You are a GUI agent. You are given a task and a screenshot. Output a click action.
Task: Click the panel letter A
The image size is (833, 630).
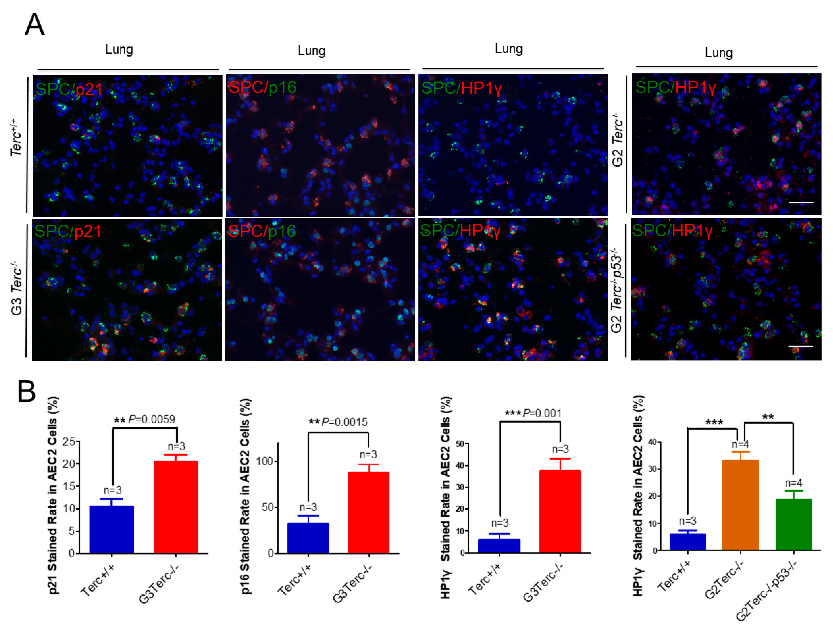35,25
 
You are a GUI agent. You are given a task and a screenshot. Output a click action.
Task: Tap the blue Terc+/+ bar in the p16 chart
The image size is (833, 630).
308,538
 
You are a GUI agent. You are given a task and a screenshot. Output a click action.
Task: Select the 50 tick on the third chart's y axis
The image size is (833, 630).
459,444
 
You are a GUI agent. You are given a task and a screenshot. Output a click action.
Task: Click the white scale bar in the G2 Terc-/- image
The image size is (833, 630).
801,202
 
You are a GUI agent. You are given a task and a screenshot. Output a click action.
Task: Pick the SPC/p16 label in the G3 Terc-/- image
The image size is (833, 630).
262,231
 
